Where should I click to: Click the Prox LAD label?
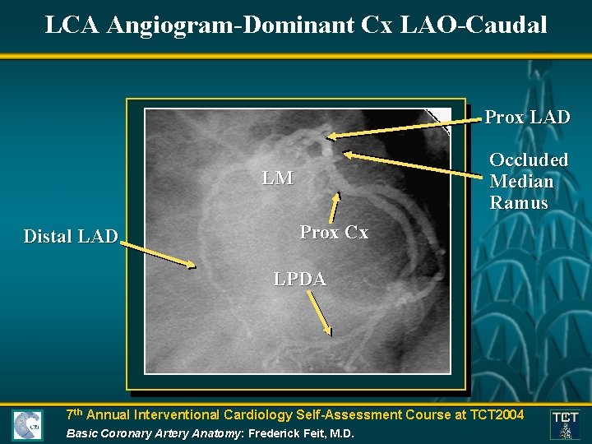tap(527, 118)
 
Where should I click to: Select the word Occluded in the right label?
tap(529, 160)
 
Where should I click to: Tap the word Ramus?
tap(518, 203)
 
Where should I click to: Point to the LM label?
tap(277, 178)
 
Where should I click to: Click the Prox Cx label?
tap(334, 233)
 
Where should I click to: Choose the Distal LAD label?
tap(71, 237)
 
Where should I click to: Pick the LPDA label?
tap(299, 279)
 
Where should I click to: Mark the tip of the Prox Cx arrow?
tap(335, 195)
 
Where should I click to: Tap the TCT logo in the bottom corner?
tap(565, 423)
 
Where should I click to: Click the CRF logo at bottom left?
tap(27, 425)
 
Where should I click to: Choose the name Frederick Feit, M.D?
tap(301, 432)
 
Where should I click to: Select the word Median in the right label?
tap(521, 182)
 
